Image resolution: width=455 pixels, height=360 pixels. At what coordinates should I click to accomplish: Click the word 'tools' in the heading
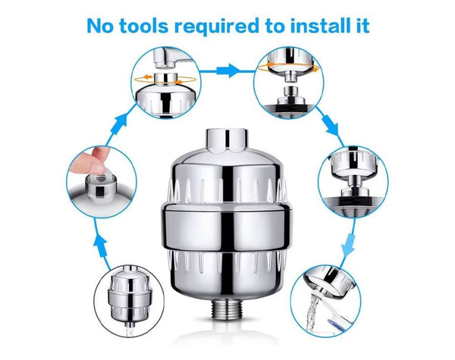pyautogui.click(x=143, y=26)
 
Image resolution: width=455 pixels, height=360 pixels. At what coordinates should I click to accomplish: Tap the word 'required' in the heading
pyautogui.click(x=217, y=27)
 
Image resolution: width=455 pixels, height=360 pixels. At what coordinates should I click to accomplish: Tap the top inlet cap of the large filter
pyautogui.click(x=227, y=140)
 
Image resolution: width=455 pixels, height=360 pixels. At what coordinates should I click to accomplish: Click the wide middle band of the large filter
pyautogui.click(x=227, y=227)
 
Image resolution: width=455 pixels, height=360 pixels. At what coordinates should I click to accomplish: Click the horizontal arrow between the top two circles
pyautogui.click(x=228, y=70)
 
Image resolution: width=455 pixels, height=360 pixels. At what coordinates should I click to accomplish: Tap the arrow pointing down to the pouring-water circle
pyautogui.click(x=348, y=242)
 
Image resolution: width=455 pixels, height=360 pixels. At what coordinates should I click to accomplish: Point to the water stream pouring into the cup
pyautogui.click(x=312, y=312)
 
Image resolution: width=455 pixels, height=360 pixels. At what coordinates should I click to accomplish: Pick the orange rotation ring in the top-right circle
pyautogui.click(x=288, y=68)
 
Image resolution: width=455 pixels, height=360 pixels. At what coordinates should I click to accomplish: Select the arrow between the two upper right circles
pyautogui.click(x=330, y=127)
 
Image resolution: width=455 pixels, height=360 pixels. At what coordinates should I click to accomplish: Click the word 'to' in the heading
pyautogui.click(x=275, y=27)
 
